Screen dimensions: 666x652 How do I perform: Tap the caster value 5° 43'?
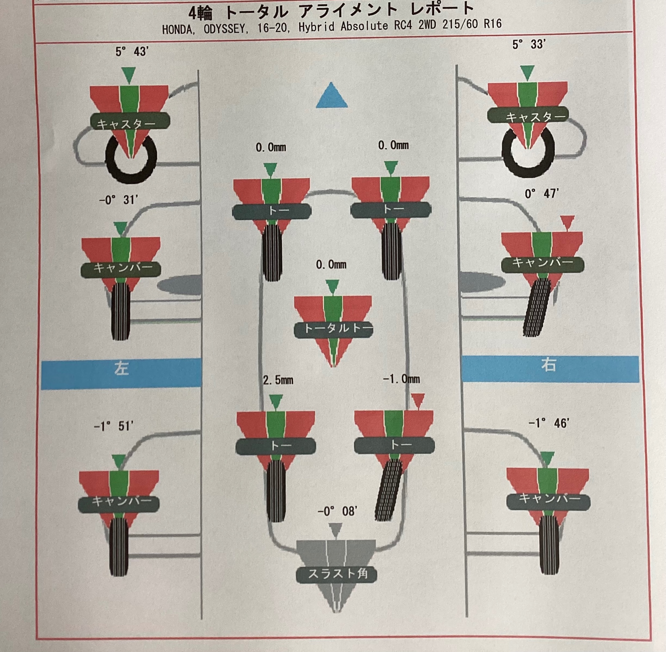(x=132, y=52)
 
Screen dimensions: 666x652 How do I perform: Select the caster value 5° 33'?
(x=529, y=44)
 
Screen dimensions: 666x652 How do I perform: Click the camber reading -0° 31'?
(x=119, y=200)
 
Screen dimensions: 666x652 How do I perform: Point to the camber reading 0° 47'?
(x=542, y=194)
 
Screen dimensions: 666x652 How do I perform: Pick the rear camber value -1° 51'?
(x=113, y=426)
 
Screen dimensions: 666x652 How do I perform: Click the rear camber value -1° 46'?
(x=549, y=423)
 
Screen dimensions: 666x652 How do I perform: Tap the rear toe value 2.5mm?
(x=278, y=380)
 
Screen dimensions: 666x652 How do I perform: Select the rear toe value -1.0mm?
(x=401, y=379)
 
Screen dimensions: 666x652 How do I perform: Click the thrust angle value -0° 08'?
(x=338, y=512)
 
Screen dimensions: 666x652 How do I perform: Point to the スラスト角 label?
(x=338, y=574)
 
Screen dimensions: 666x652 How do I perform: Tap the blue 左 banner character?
(x=121, y=368)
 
